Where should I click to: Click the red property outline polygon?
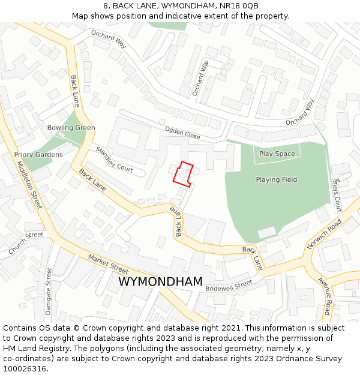(x=183, y=173)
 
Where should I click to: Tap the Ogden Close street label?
(x=183, y=133)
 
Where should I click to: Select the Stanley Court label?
(x=114, y=159)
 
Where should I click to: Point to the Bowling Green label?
(x=71, y=128)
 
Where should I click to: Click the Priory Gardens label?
(x=38, y=155)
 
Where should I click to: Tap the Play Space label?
(x=277, y=154)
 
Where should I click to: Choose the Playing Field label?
(x=276, y=180)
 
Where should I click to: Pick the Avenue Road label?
(x=325, y=296)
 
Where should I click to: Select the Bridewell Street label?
(x=229, y=286)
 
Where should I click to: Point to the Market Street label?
(x=109, y=264)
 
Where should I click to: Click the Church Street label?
(x=26, y=241)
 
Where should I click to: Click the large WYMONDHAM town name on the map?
(x=160, y=281)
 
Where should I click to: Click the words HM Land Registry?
(x=32, y=349)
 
